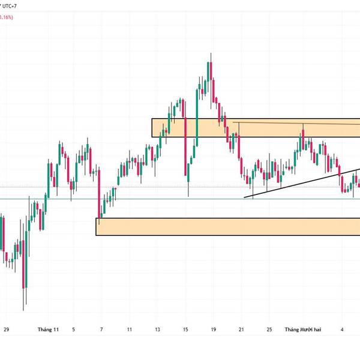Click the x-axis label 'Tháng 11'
point(48,329)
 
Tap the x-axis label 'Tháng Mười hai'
point(303,329)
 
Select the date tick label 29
point(6,329)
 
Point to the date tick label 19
point(213,329)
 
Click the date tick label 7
point(101,329)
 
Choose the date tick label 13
point(157,329)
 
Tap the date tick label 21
point(241,329)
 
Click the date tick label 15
point(185,329)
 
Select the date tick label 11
point(130,329)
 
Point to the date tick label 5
point(74,329)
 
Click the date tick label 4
point(341,329)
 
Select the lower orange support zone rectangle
point(228,226)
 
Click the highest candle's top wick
point(211,56)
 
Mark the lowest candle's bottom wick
point(24,304)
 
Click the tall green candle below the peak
point(197,120)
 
